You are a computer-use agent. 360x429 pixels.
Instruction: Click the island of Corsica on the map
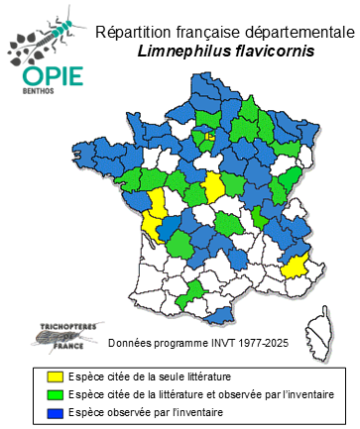(x=319, y=327)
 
